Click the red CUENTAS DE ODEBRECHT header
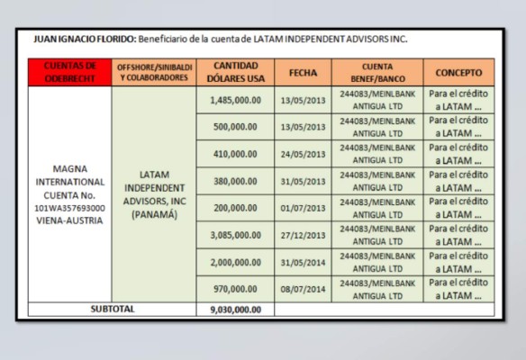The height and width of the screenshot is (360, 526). pyautogui.click(x=69, y=72)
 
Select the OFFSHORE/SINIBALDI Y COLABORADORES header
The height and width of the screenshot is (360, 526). pyautogui.click(x=153, y=72)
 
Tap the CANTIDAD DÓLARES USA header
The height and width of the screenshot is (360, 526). pyautogui.click(x=235, y=72)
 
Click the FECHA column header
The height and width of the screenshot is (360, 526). pyautogui.click(x=303, y=72)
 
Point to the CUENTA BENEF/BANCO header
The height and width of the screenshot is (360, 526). pyautogui.click(x=376, y=72)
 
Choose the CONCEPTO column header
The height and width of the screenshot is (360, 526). pyautogui.click(x=458, y=72)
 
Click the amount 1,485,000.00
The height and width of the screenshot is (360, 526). pyautogui.click(x=235, y=100)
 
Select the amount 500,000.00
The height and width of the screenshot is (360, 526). pyautogui.click(x=235, y=127)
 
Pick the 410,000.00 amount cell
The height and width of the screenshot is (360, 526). pyautogui.click(x=235, y=154)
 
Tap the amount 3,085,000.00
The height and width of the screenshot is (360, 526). pyautogui.click(x=235, y=235)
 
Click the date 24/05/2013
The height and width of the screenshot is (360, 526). pyautogui.click(x=303, y=154)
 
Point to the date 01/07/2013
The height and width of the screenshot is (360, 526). pyautogui.click(x=303, y=208)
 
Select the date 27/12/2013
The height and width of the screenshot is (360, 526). pyautogui.click(x=303, y=235)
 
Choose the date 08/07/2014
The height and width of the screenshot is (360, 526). pyautogui.click(x=303, y=289)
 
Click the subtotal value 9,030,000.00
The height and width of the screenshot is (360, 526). pyautogui.click(x=235, y=310)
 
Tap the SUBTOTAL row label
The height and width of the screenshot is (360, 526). pyautogui.click(x=113, y=309)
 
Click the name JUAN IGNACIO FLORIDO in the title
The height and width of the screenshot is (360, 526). pyautogui.click(x=84, y=40)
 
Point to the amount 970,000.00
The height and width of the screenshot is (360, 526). pyautogui.click(x=235, y=289)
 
